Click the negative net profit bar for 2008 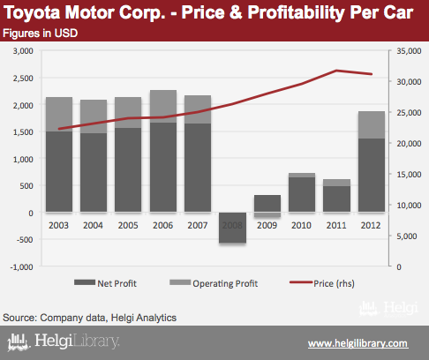tap(232, 228)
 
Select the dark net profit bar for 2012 tap(372, 175)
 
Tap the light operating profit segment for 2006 tap(163, 106)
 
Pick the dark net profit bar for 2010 tap(302, 194)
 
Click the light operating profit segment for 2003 tap(59, 114)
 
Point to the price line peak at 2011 tap(336, 71)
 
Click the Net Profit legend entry tap(105, 283)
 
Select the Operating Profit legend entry tap(214, 283)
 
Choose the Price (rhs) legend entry tap(322, 283)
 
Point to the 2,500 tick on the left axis tap(23, 79)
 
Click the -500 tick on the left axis tap(25, 239)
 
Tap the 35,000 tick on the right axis tap(409, 51)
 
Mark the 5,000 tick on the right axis tap(407, 236)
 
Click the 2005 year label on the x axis tap(128, 225)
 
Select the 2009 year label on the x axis tap(267, 225)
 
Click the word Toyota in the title tap(32, 12)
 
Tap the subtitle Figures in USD tap(41, 34)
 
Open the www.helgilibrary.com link tap(358, 343)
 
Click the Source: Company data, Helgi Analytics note tap(90, 318)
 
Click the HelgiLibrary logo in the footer tap(64, 341)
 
